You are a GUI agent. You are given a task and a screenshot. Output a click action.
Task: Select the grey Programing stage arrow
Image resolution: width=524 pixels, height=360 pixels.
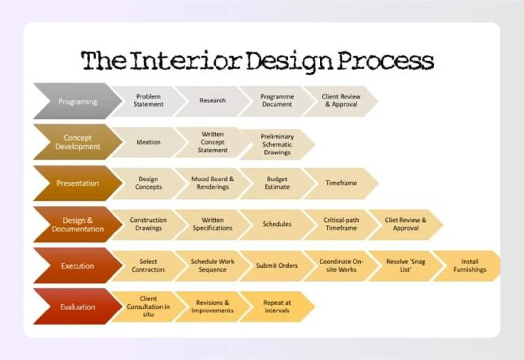coord(77,101)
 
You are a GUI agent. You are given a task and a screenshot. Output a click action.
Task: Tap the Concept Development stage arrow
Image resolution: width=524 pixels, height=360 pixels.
coord(77,142)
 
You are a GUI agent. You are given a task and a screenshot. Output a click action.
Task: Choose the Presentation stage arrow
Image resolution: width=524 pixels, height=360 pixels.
coord(77,183)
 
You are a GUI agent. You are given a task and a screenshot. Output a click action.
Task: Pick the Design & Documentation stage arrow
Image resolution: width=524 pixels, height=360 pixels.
coord(77,225)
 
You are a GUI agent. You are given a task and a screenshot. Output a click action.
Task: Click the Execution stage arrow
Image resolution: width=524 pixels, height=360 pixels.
coord(77,266)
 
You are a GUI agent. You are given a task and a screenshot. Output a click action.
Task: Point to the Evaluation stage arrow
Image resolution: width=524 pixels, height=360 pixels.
coord(77,307)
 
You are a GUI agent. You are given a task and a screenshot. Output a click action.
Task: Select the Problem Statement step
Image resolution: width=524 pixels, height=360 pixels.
coord(148,100)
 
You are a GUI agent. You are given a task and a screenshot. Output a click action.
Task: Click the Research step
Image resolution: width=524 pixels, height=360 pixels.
coord(212,100)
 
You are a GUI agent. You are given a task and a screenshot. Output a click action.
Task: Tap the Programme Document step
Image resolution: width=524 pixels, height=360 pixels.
coord(277,100)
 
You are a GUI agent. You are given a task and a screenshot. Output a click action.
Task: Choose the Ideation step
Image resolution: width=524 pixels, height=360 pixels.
coord(148,142)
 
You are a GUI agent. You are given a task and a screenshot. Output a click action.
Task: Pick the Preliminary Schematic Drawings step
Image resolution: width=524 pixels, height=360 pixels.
coord(277,144)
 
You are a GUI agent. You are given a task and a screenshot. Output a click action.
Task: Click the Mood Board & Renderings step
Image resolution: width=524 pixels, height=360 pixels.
coord(212,183)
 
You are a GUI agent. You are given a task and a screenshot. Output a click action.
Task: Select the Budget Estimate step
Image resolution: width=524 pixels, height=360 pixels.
coord(277,183)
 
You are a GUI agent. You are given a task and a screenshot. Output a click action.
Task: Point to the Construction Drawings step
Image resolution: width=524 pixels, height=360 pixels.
coord(148,224)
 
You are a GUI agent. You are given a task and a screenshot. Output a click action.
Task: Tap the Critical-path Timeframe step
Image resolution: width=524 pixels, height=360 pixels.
coord(341,224)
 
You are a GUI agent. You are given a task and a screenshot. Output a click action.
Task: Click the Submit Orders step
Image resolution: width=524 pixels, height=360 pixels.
coord(277,266)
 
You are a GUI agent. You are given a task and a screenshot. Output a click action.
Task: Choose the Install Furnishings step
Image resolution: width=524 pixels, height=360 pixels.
coord(469,266)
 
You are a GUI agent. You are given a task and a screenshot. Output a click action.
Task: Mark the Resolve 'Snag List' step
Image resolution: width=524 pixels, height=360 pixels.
coord(405,265)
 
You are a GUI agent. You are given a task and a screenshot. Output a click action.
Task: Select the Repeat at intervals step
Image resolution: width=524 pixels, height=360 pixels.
coord(277,307)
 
